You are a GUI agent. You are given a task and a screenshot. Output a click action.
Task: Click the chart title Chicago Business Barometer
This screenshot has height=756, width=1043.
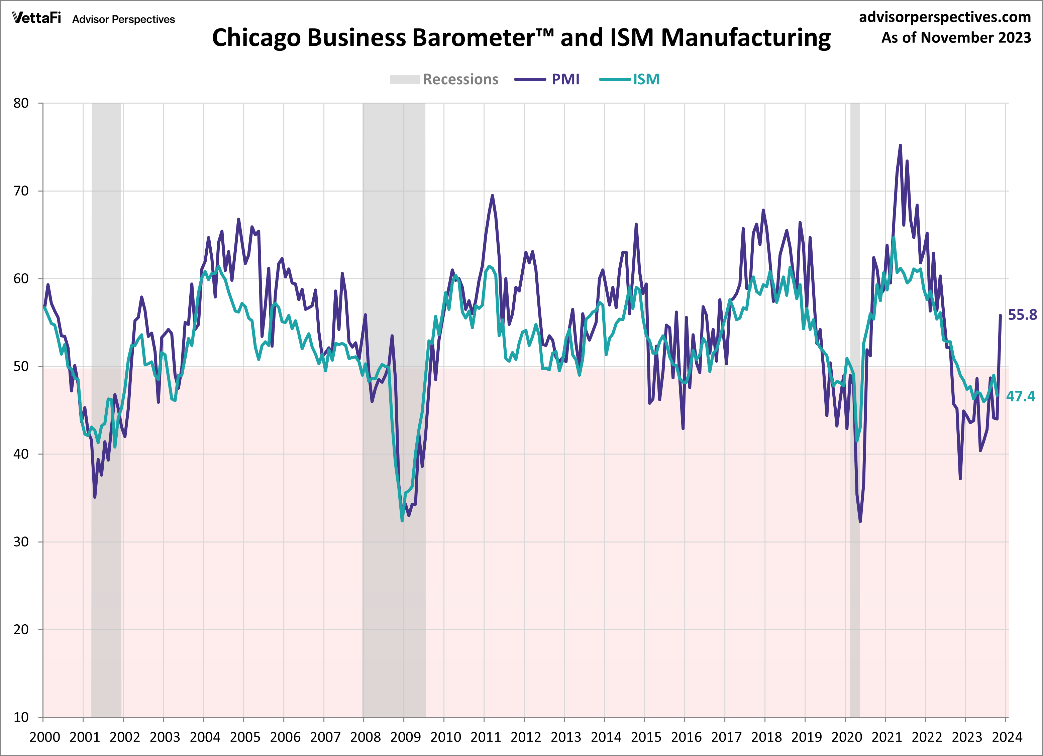521,38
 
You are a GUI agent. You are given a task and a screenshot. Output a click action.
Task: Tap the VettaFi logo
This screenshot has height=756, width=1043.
36,18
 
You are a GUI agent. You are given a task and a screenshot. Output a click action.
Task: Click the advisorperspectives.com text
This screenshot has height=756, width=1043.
945,17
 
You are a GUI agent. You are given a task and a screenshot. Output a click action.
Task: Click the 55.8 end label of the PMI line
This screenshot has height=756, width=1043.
1022,315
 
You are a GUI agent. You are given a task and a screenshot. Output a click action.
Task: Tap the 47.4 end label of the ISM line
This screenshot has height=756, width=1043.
1021,396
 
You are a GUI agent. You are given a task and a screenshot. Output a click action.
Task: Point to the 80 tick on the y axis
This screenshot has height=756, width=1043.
21,103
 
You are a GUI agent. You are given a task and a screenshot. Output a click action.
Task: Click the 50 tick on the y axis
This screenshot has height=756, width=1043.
21,366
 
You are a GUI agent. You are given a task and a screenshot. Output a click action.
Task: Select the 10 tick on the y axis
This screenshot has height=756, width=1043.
21,717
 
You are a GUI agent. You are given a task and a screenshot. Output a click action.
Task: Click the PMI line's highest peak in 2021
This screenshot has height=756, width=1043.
900,146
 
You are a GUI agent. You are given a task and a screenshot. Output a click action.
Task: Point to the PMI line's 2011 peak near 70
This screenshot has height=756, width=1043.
492,196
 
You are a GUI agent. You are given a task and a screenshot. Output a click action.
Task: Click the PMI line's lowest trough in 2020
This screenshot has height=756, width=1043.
860,521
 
